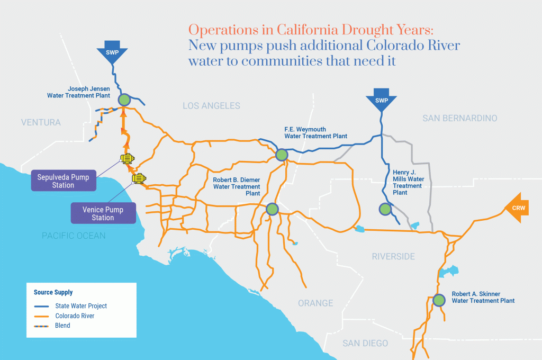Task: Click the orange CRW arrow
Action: point(517,208)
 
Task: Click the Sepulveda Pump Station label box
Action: point(64,180)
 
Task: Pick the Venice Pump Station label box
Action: point(103,213)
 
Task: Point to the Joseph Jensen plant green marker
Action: point(124,100)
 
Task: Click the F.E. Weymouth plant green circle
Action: point(282,155)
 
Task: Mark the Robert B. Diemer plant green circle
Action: point(272,209)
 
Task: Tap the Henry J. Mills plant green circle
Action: point(385,209)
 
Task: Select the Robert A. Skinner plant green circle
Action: point(439,300)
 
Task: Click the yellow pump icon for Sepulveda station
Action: point(127,158)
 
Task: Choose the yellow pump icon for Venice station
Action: point(139,179)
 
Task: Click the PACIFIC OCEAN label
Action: point(74,236)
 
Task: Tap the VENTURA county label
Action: point(41,123)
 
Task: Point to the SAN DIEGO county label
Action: point(365,343)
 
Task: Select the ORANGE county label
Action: point(315,303)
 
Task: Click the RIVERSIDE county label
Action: point(393,257)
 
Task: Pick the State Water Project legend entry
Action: point(81,306)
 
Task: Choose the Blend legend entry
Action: point(62,325)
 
